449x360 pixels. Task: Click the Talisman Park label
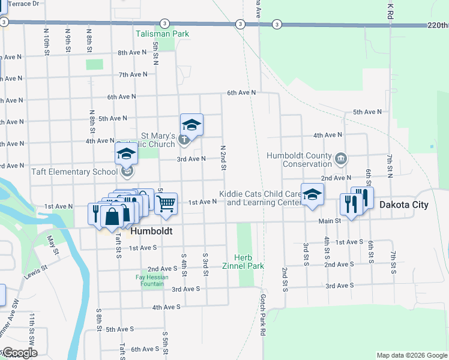(162, 34)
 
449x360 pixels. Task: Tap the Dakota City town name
(404, 205)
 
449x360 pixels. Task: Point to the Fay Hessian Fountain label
(152, 280)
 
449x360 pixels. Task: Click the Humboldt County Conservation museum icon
(341, 158)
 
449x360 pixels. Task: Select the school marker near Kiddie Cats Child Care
(312, 194)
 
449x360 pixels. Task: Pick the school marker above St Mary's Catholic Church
(192, 125)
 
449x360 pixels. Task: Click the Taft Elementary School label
(74, 172)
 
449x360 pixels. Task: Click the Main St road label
(330, 221)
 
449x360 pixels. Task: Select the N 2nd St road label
(223, 157)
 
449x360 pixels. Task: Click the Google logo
(19, 353)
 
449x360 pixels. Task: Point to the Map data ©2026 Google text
(411, 355)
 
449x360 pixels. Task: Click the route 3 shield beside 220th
(277, 25)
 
